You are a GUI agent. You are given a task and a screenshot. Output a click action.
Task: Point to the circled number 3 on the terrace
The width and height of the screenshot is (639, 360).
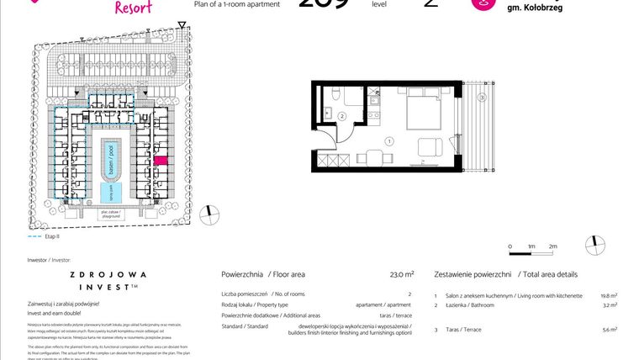coord(482,98)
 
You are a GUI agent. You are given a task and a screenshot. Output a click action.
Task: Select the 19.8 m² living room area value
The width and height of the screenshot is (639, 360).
coord(609,296)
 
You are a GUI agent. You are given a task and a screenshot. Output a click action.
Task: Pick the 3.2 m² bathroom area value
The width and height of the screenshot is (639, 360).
coord(610,305)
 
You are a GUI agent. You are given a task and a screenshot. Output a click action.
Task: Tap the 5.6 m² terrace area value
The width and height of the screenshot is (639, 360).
coord(610,329)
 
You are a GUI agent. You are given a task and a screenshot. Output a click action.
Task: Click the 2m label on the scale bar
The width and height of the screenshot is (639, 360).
coord(552,246)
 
